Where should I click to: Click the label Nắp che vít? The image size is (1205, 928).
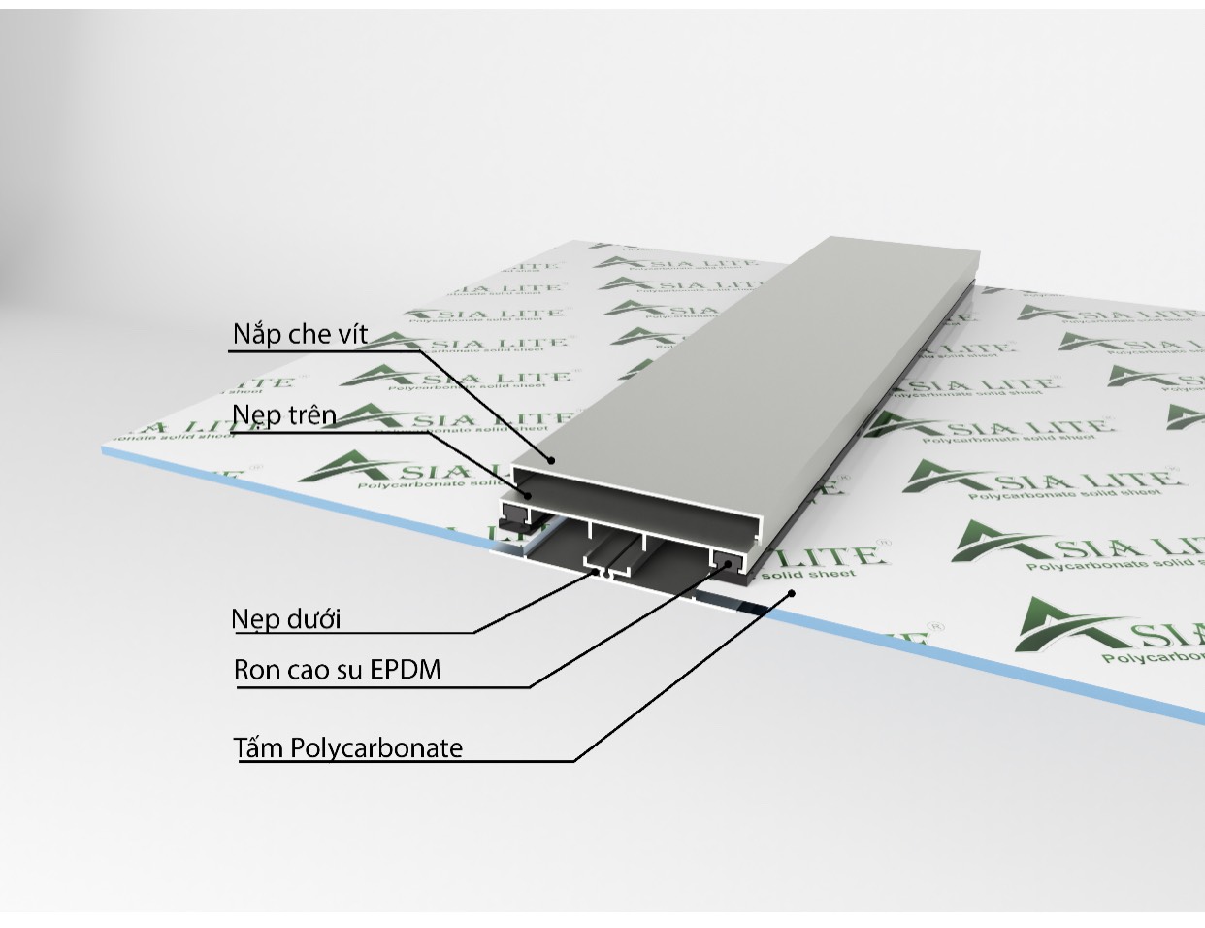click(x=300, y=335)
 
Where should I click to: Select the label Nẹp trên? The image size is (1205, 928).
click(x=284, y=415)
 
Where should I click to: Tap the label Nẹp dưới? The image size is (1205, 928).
click(x=286, y=619)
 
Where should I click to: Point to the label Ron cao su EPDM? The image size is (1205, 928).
click(x=337, y=670)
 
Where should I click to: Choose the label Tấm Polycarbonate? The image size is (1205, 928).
click(x=347, y=748)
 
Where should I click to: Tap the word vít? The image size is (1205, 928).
click(x=349, y=335)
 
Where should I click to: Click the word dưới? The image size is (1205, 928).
click(x=313, y=619)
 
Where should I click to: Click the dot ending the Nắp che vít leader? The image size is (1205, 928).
click(x=550, y=460)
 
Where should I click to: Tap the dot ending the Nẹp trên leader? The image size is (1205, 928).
click(x=529, y=495)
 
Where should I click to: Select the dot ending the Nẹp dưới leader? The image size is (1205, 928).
click(x=598, y=573)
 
